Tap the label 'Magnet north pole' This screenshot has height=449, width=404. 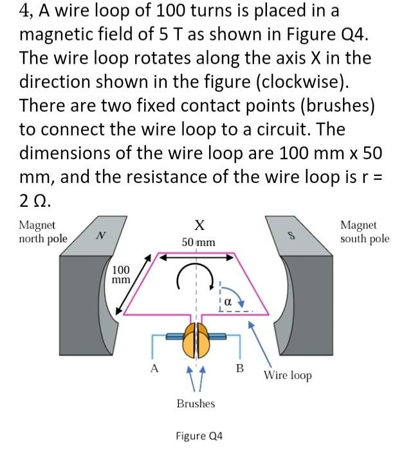43,232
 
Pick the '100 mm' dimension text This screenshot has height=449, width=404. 121,274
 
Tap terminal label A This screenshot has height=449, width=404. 153,368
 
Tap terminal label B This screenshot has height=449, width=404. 240,368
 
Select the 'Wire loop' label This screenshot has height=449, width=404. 288,374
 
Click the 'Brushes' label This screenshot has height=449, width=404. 196,403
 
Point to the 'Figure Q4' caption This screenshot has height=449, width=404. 199,435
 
